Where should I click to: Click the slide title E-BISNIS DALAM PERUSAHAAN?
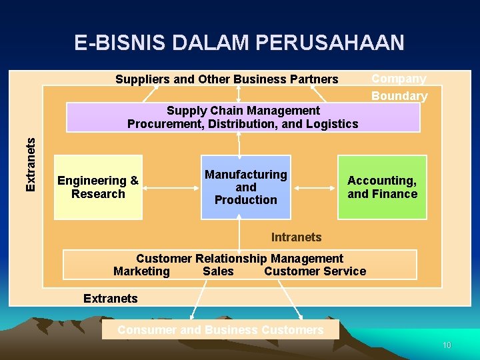(239, 43)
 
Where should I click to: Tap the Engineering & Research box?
(98, 187)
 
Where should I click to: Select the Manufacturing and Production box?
(246, 187)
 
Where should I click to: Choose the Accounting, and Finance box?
(382, 187)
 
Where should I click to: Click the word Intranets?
(296, 237)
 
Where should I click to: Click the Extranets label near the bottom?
(110, 299)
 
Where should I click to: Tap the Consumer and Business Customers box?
(220, 330)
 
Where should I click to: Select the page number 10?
(447, 345)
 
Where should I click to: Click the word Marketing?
(141, 271)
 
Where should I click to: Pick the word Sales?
(218, 271)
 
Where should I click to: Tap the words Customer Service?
(315, 271)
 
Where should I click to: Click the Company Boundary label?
(399, 87)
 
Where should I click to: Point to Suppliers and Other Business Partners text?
(227, 79)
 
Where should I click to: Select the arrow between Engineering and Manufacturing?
(172, 188)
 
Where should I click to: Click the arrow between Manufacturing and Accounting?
(315, 188)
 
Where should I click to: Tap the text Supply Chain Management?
(243, 111)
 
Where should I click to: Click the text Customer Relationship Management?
(239, 259)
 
